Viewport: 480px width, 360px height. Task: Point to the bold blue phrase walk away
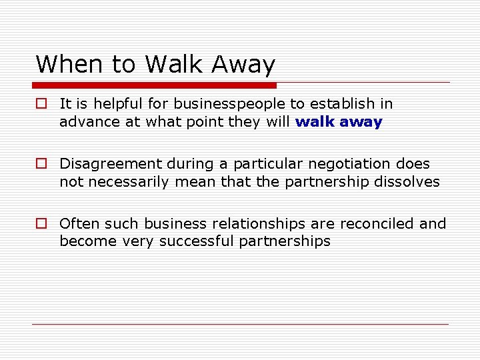click(x=339, y=122)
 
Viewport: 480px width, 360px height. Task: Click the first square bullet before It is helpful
click(x=41, y=104)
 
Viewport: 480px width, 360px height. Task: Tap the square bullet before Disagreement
click(x=41, y=164)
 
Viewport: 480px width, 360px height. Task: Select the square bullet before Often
click(x=41, y=224)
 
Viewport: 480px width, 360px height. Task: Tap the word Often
click(x=77, y=224)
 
